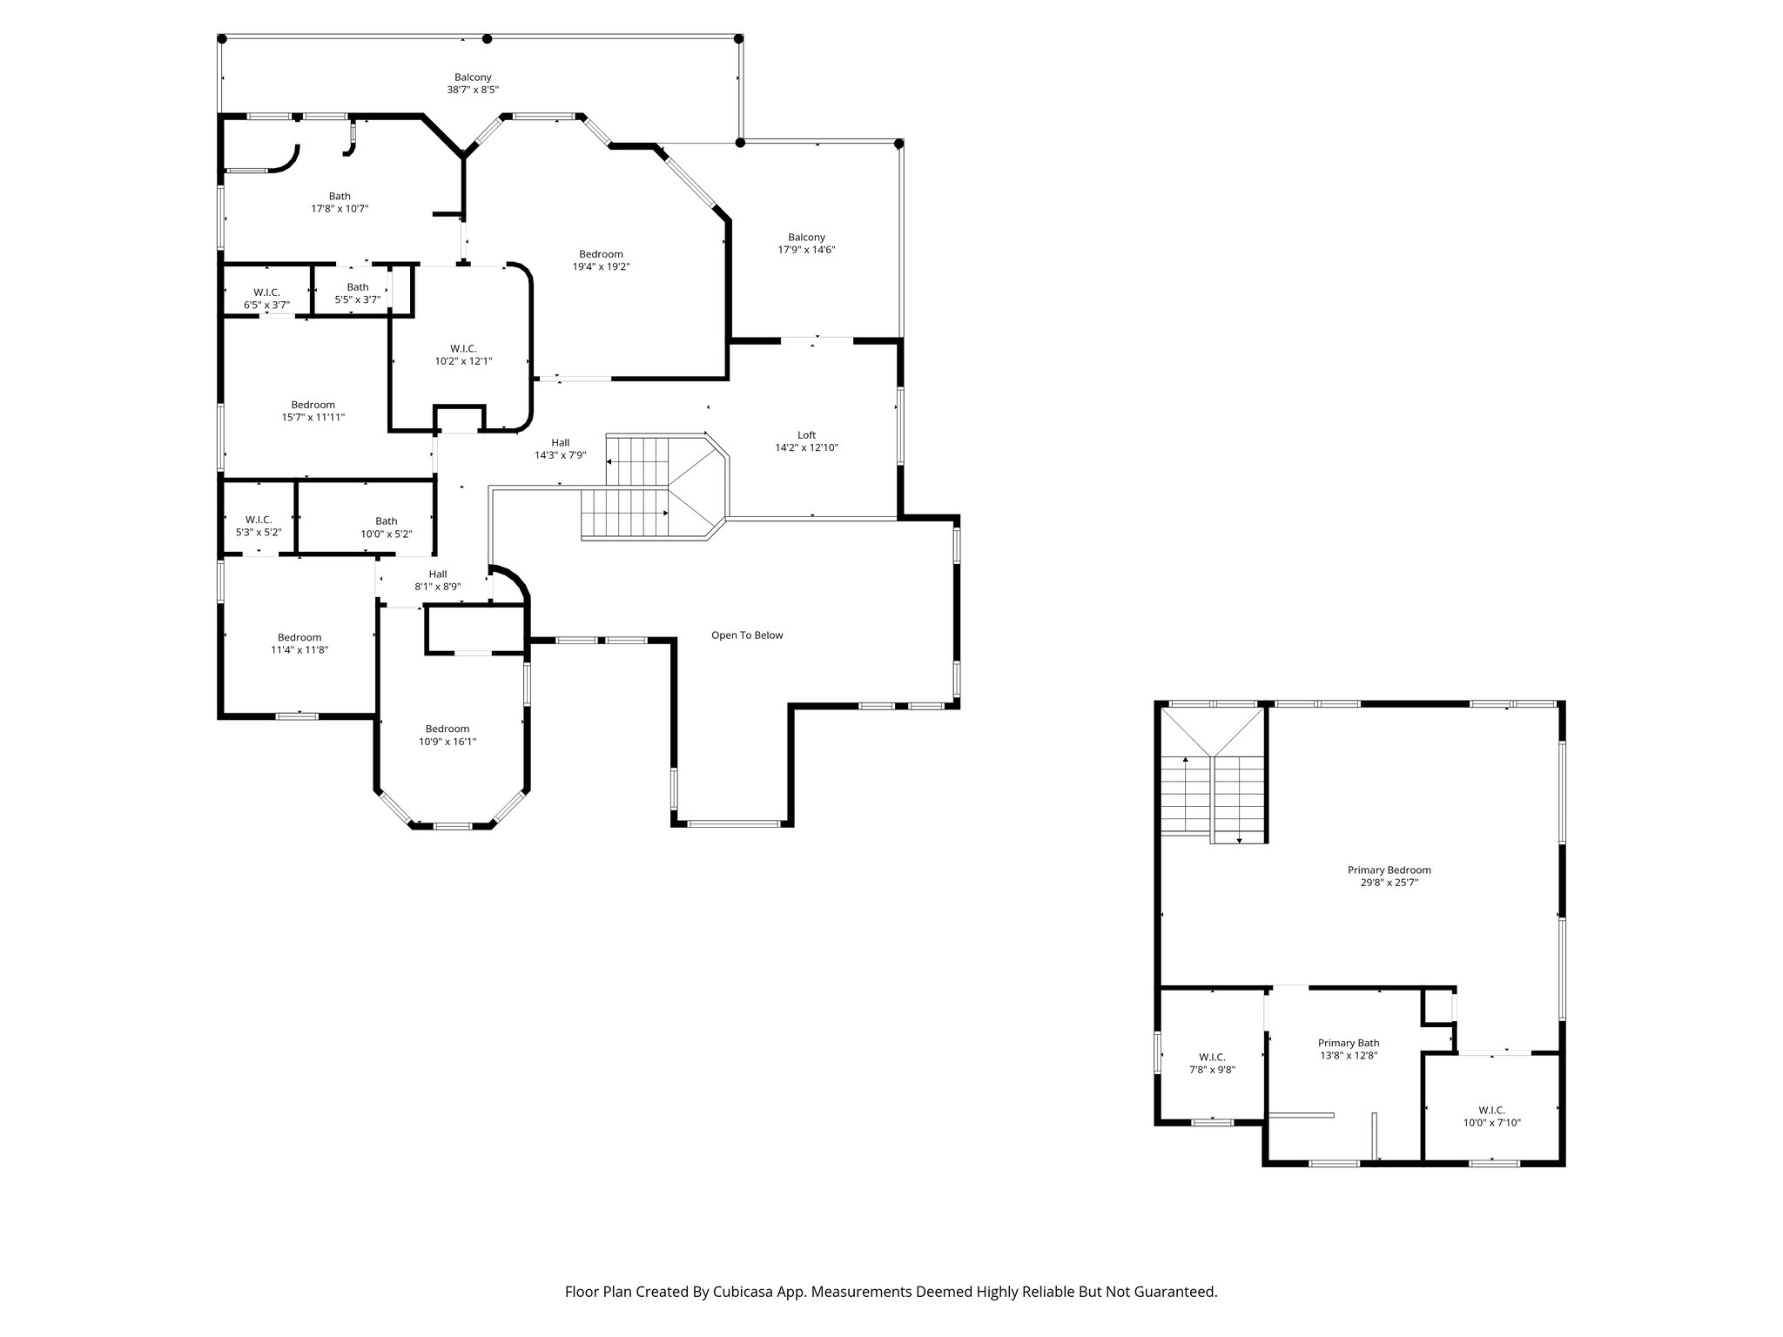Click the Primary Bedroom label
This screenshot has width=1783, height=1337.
pyautogui.click(x=1389, y=870)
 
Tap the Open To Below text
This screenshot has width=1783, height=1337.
pyautogui.click(x=747, y=635)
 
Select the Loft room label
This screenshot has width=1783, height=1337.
pyautogui.click(x=806, y=435)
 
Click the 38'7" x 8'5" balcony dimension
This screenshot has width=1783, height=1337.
pyautogui.click(x=473, y=90)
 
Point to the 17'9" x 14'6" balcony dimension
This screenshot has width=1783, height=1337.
pyautogui.click(x=806, y=250)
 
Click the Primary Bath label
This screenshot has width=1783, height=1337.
pyautogui.click(x=1348, y=1043)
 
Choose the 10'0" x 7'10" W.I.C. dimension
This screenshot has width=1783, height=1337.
pyautogui.click(x=1491, y=1123)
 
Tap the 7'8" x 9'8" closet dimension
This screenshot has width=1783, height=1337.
pyautogui.click(x=1212, y=1070)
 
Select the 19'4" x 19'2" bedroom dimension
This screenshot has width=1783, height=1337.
pyautogui.click(x=601, y=267)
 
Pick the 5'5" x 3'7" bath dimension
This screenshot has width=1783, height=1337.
pyautogui.click(x=358, y=300)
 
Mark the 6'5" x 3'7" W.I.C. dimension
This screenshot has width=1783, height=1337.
pyautogui.click(x=266, y=306)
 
